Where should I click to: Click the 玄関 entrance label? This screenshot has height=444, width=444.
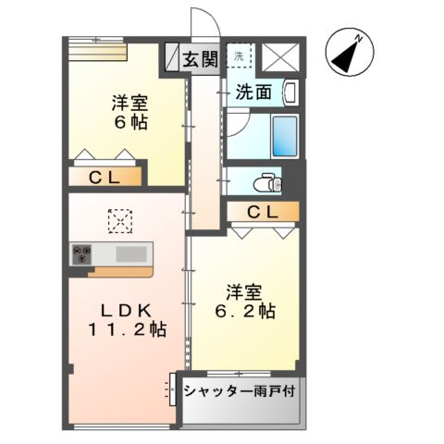pos(199,60)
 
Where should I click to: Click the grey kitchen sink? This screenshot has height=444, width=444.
pos(130,253)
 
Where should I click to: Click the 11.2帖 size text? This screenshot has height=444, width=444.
pos(129,330)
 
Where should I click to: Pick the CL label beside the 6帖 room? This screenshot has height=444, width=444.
pos(103,177)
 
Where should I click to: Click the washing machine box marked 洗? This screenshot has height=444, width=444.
pos(240,56)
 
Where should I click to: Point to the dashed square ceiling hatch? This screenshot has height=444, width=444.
pos(120,221)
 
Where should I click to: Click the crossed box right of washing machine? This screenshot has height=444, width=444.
pos(280,56)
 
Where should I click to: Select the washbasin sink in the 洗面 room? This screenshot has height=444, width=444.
pos(290,92)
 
